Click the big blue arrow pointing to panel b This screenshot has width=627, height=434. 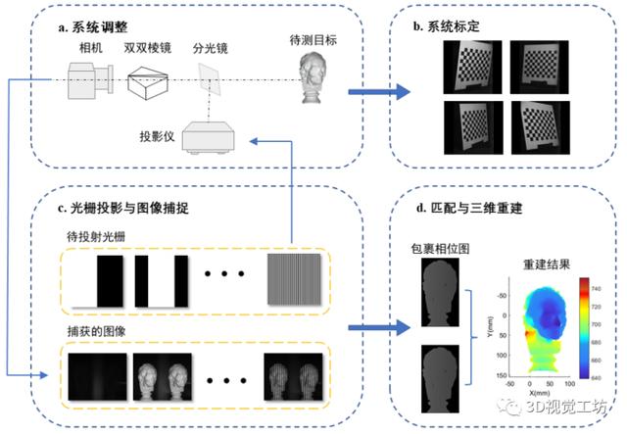pos(378,94)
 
